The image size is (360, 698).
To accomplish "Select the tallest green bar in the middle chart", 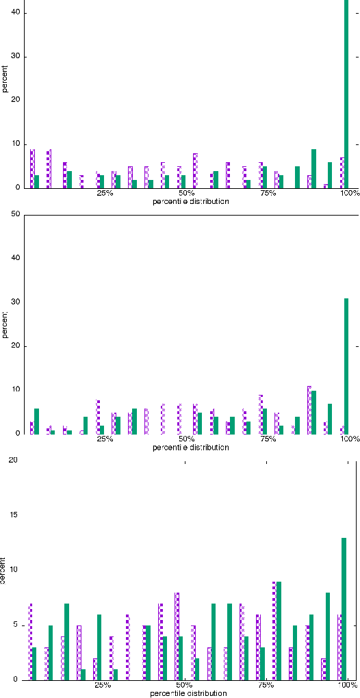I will tap(346, 366).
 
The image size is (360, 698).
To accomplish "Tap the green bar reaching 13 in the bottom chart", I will tap(344, 609).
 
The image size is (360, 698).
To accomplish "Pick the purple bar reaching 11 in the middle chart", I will tap(309, 410).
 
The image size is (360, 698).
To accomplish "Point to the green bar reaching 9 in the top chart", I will tap(313, 168).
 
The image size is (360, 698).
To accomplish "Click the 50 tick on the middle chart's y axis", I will tap(15, 215).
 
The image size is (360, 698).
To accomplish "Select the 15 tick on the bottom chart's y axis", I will tap(12, 515).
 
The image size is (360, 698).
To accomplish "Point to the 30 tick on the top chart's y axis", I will tap(15, 56).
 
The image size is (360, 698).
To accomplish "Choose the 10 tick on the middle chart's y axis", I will tap(15, 390).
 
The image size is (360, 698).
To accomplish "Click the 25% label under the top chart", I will tap(105, 194).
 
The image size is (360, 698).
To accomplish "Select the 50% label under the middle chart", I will tap(186, 439).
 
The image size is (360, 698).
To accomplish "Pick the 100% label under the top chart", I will tap(349, 194).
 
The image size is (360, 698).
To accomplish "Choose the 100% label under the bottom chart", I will tap(347, 685).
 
